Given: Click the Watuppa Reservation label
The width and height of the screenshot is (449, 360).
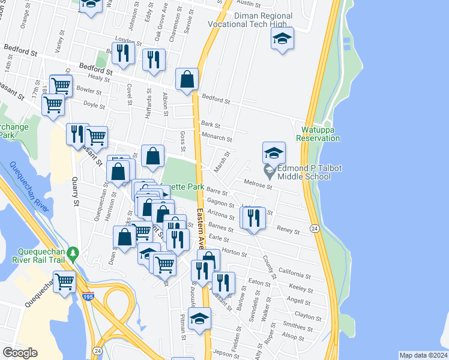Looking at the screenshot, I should pyautogui.click(x=318, y=134).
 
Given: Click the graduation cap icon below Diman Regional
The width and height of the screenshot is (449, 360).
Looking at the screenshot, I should pyautogui.click(x=282, y=39).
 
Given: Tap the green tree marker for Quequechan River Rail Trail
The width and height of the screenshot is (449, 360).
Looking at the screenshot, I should pyautogui.click(x=73, y=253).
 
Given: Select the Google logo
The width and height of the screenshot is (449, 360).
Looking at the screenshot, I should pyautogui.click(x=20, y=352).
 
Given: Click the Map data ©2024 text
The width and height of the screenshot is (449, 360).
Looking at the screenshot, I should pyautogui.click(x=423, y=355).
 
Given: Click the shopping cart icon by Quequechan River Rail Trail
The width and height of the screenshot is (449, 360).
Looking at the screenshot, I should pyautogui.click(x=65, y=280).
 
